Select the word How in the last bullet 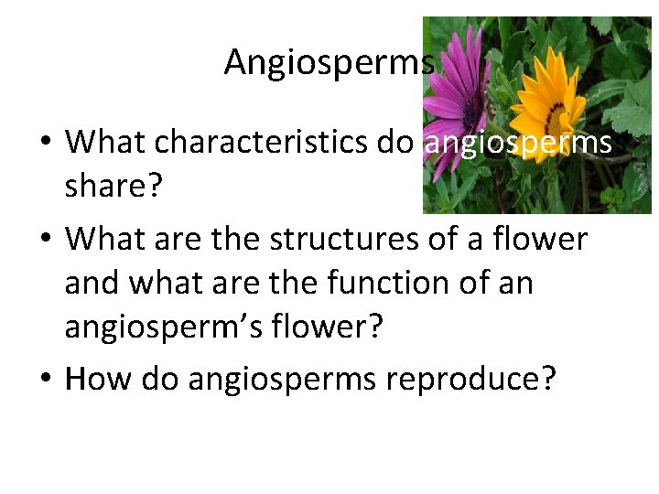tap(94, 378)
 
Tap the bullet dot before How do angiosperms tap(45, 379)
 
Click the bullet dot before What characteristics tap(45, 143)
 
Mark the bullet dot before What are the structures tap(45, 239)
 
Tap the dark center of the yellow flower tap(556, 117)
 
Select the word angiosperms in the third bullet tap(281, 378)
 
